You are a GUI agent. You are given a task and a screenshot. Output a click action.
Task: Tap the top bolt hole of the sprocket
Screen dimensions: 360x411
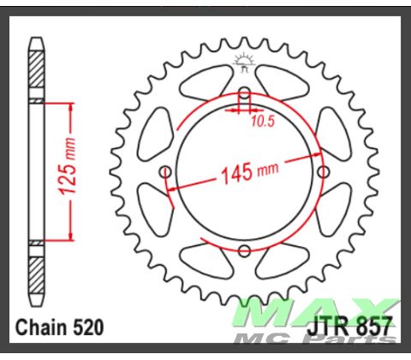click(x=244, y=94)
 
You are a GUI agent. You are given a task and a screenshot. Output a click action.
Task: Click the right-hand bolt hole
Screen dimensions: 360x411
click(x=323, y=171)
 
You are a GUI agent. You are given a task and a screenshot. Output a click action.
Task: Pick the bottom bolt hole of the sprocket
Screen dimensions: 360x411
click(x=244, y=249)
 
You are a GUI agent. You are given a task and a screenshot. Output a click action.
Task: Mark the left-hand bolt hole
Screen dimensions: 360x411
click(x=166, y=171)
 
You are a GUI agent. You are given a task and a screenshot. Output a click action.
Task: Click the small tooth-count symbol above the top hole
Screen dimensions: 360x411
click(x=244, y=62)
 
